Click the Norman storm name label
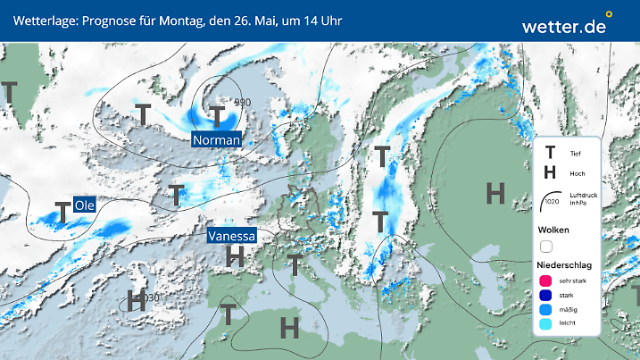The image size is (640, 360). [217, 140]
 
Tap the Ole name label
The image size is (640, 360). [85, 205]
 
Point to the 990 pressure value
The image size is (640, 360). [242, 103]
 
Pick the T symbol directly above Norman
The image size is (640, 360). [217, 115]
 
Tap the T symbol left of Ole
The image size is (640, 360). [62, 212]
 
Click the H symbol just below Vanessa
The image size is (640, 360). [235, 257]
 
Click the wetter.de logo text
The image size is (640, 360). [563, 27]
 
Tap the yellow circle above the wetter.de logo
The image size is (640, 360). [609, 14]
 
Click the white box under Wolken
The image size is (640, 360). [547, 246]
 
